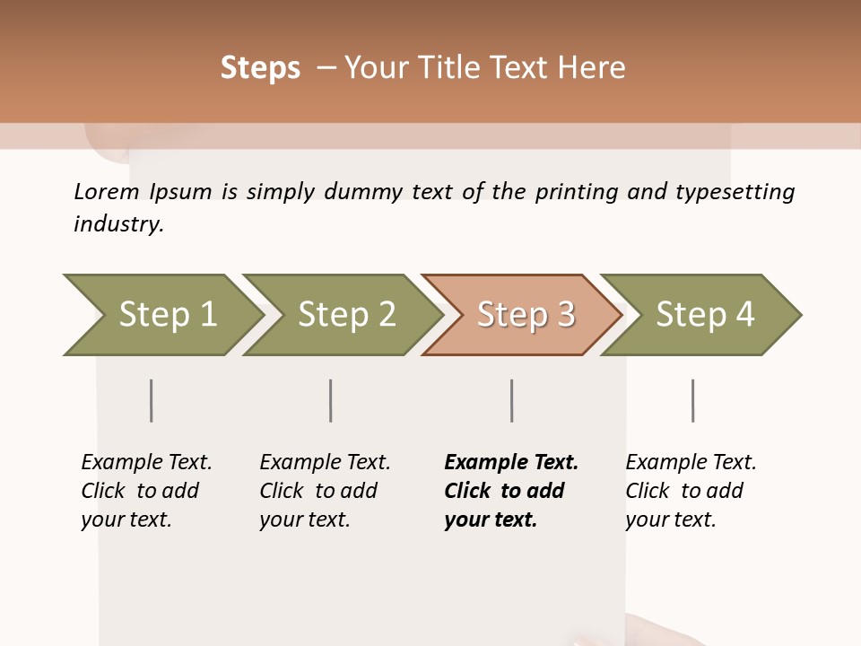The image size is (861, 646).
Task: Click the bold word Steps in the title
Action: pos(260,68)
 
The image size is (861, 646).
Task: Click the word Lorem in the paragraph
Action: pos(107,191)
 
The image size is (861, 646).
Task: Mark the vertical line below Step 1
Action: pos(152,400)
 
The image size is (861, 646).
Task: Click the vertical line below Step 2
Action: pos(331,400)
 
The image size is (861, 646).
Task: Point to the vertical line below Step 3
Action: pos(512,400)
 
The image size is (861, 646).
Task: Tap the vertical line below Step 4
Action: pos(693,400)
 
